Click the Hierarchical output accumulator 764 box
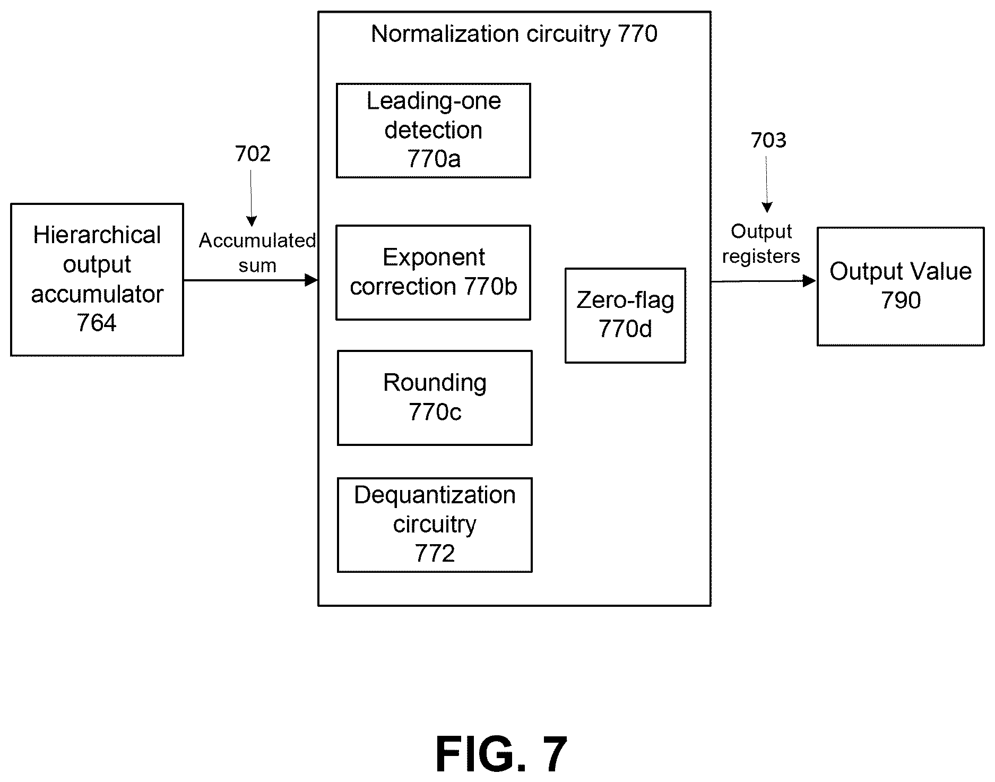tap(97, 279)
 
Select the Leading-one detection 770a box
tap(434, 130)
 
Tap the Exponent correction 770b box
tap(434, 272)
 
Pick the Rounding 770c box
tap(435, 398)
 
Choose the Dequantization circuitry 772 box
tap(435, 525)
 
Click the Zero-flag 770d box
tap(626, 315)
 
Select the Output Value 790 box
tap(901, 287)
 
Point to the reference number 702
tap(253, 154)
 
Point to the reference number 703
tap(768, 140)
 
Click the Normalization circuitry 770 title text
tap(514, 34)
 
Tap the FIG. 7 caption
tap(501, 754)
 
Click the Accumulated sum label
tap(257, 253)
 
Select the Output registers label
tap(761, 244)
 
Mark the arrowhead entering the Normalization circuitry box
tap(312, 280)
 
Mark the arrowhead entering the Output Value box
tap(810, 281)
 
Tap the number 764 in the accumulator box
tap(97, 323)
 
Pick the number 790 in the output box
tap(901, 300)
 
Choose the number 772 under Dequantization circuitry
tap(435, 554)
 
